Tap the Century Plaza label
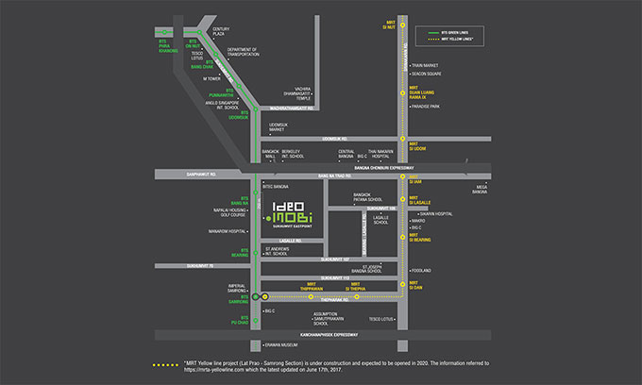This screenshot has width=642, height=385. coord(221,33)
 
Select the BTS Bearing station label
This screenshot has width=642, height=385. coord(239,255)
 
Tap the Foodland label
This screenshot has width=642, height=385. coord(421,271)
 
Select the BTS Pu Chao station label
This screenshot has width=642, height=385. coord(239,319)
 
